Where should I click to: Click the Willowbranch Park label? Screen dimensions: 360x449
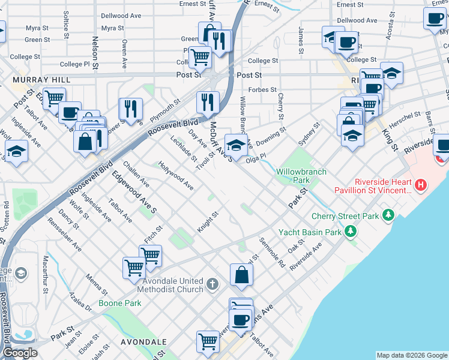[301, 176]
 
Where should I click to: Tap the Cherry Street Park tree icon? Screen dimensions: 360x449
[389, 215]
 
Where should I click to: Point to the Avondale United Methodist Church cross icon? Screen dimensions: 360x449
[212, 283]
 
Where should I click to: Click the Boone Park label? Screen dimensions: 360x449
[121, 303]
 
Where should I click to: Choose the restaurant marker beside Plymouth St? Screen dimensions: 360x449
[130, 109]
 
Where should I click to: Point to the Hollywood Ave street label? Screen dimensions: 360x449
[176, 175]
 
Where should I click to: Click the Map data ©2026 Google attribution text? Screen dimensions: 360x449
[411, 355]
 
